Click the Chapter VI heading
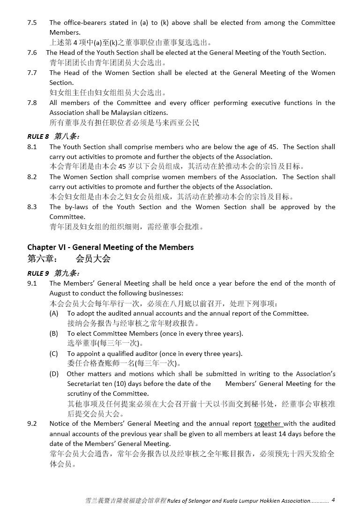tap(110, 247)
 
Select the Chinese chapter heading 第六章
tap(42, 259)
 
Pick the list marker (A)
tap(54, 313)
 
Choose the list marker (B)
tap(54, 333)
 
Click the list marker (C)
tap(54, 354)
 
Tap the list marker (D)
tap(54, 374)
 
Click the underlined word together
tap(267, 424)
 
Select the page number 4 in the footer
tap(333, 500)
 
